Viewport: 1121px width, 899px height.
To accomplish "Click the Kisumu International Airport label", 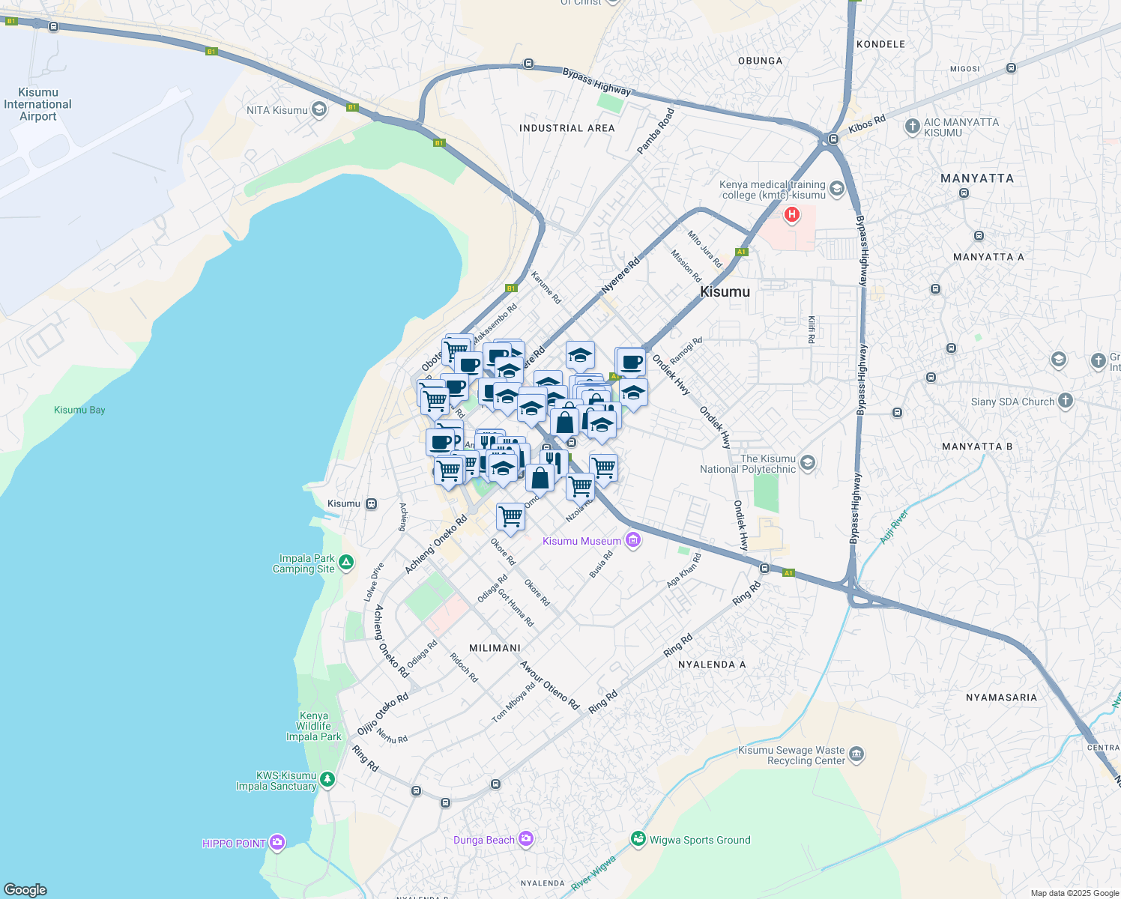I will pyautogui.click(x=37, y=104).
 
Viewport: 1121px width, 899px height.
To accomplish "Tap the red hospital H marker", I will pyautogui.click(x=791, y=216).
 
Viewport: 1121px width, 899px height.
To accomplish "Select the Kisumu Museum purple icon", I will pyautogui.click(x=633, y=540).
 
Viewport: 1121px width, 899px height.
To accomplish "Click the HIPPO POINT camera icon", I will pyautogui.click(x=277, y=843).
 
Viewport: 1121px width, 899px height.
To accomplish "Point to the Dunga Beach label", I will pyautogui.click(x=483, y=840).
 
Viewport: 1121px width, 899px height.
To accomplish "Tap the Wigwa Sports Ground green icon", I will pyautogui.click(x=638, y=839).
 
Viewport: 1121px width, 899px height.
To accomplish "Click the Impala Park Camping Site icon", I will pyautogui.click(x=345, y=562).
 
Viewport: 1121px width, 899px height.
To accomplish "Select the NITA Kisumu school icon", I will pyautogui.click(x=318, y=110).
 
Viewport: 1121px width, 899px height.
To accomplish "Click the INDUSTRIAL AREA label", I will pyautogui.click(x=566, y=128).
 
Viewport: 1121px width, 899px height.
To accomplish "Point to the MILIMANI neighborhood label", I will pyautogui.click(x=495, y=648).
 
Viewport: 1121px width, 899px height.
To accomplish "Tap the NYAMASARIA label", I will pyautogui.click(x=1001, y=697).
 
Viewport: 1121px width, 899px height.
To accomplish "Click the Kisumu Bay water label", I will pyautogui.click(x=79, y=410).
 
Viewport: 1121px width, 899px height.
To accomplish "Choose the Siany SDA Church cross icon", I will pyautogui.click(x=1065, y=401).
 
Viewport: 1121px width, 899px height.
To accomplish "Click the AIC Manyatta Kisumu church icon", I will pyautogui.click(x=912, y=126).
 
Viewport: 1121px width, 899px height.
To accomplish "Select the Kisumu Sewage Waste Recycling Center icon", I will pyautogui.click(x=856, y=754).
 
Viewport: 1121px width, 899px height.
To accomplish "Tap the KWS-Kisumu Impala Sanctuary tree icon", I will pyautogui.click(x=327, y=780).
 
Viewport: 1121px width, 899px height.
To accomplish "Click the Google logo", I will pyautogui.click(x=25, y=889).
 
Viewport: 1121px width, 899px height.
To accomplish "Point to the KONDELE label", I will pyautogui.click(x=880, y=44).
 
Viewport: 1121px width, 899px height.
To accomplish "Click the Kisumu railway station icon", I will pyautogui.click(x=372, y=503).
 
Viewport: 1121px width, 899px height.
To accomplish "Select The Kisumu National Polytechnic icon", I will pyautogui.click(x=807, y=463).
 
